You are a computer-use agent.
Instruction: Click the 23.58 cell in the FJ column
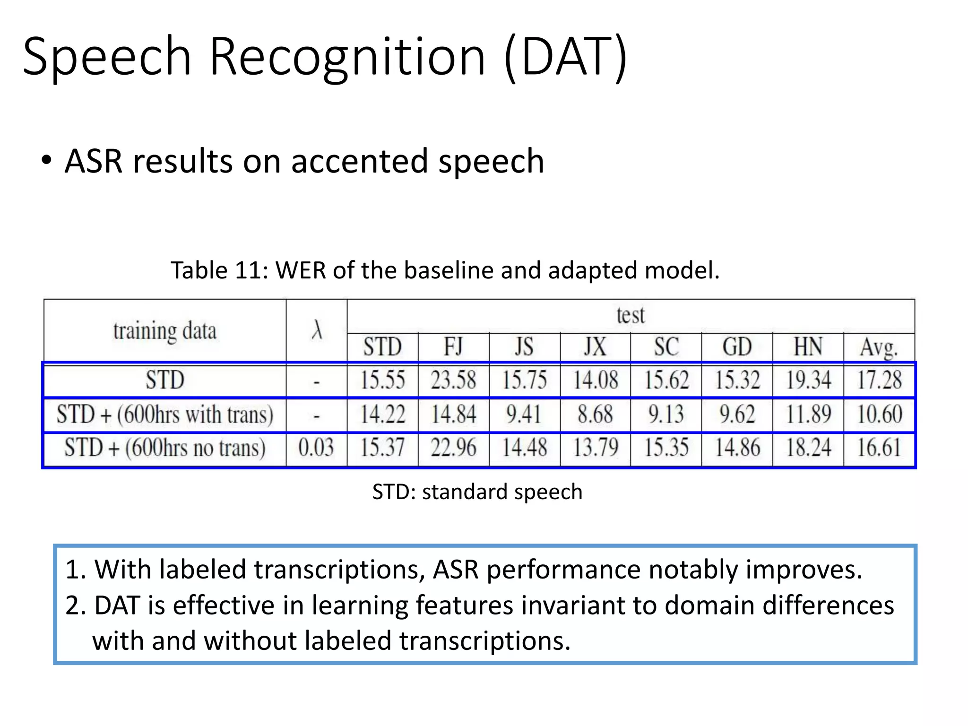click(x=453, y=380)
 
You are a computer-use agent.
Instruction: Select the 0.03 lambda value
click(x=316, y=447)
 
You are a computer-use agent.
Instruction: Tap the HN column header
click(x=808, y=347)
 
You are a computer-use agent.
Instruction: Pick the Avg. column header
click(x=879, y=348)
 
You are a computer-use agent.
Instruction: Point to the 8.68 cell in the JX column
click(x=595, y=414)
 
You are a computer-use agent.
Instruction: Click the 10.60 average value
click(x=880, y=414)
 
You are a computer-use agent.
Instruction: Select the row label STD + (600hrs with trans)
click(x=165, y=415)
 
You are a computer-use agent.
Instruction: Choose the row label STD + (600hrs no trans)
click(x=165, y=448)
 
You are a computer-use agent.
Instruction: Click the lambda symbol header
click(x=317, y=330)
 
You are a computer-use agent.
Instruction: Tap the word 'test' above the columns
click(x=631, y=315)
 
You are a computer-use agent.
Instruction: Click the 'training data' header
click(x=164, y=330)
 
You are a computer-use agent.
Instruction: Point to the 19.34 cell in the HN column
click(x=808, y=380)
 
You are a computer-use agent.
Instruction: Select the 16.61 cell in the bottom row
click(x=880, y=447)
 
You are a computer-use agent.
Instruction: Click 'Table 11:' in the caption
click(x=219, y=271)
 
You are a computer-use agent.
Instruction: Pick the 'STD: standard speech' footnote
click(x=477, y=492)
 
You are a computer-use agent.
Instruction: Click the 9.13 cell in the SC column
click(x=666, y=414)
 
